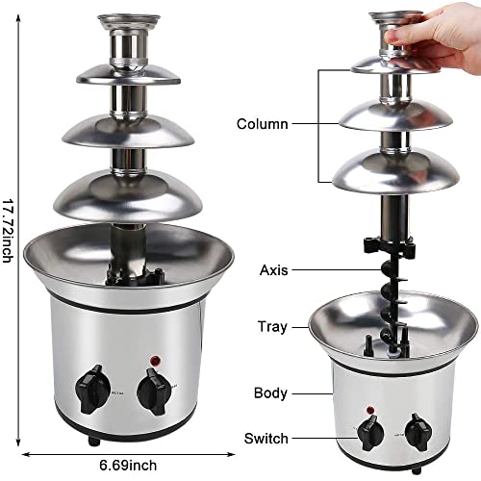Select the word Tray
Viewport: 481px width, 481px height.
coord(272,326)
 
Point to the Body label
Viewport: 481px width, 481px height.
coord(270,392)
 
